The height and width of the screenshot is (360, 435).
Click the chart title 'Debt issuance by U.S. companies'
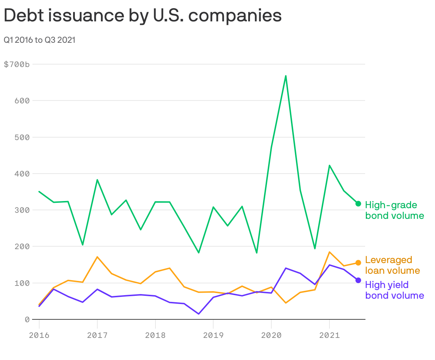click(x=143, y=16)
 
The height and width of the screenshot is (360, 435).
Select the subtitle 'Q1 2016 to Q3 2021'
click(x=40, y=40)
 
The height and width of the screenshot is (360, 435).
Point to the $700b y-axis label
click(x=16, y=65)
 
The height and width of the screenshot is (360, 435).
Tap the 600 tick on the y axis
click(x=22, y=101)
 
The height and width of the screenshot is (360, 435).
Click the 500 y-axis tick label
click(x=22, y=137)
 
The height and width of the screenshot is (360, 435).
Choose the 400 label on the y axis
click(x=22, y=174)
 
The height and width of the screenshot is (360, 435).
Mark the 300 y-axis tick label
click(x=22, y=210)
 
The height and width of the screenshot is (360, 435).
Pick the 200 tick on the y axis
click(x=22, y=247)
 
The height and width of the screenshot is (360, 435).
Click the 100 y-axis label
click(x=22, y=283)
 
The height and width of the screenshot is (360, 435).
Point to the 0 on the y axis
click(x=27, y=320)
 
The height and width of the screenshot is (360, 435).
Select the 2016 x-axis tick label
click(x=39, y=335)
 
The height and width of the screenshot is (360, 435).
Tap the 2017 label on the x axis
click(x=97, y=335)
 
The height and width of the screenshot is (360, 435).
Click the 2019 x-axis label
click(x=213, y=335)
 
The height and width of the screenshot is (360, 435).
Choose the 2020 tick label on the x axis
click(x=271, y=335)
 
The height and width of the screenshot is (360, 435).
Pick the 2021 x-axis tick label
click(x=329, y=335)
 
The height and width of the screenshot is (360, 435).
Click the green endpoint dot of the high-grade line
click(x=358, y=204)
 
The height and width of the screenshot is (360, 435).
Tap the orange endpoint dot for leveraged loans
click(x=358, y=263)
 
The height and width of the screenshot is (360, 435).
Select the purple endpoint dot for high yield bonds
click(x=358, y=280)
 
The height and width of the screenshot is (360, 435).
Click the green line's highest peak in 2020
click(x=286, y=76)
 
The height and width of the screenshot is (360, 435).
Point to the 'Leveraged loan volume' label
click(x=392, y=265)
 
